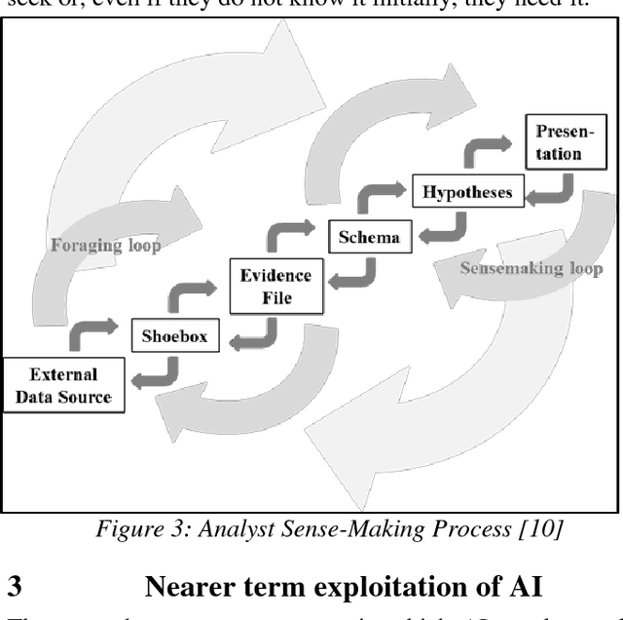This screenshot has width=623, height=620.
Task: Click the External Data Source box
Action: [64, 385]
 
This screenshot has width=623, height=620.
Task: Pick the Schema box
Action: [370, 235]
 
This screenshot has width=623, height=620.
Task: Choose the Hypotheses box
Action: [467, 192]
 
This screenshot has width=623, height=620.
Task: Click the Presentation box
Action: [558, 141]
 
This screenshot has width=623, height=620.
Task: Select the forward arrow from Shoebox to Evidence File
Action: [192, 292]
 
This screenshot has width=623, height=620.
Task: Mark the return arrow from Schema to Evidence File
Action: [355, 276]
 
